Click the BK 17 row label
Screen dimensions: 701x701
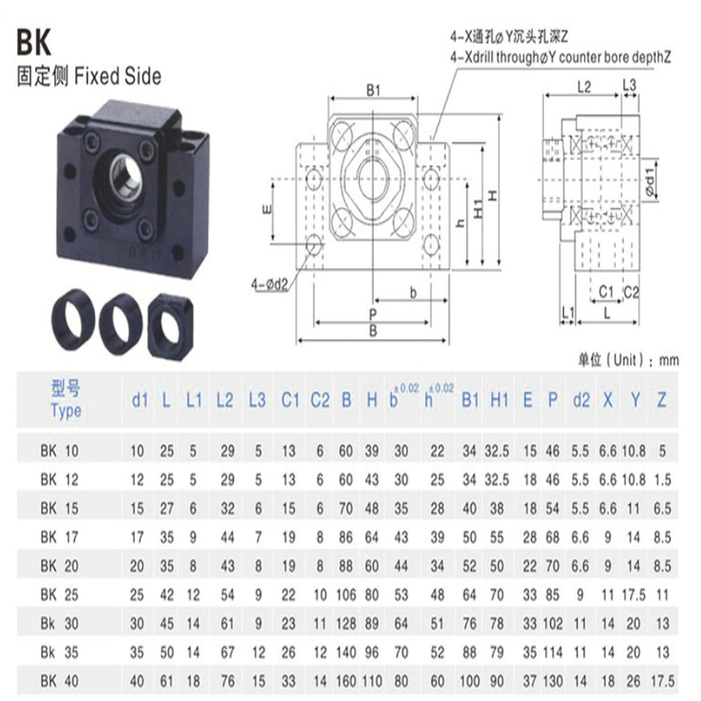(59, 537)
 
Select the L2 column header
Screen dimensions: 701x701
(225, 400)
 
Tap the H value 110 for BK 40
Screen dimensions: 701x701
(372, 681)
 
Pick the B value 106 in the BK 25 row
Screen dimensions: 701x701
(346, 595)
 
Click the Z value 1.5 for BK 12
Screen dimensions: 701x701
(662, 480)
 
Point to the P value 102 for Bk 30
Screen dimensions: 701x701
(552, 623)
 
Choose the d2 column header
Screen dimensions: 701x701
(581, 400)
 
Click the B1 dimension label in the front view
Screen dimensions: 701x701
(373, 90)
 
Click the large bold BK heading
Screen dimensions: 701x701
(34, 43)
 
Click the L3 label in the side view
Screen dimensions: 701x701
(629, 85)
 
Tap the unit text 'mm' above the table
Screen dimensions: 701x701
(668, 360)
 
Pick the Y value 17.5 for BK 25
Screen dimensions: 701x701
(633, 595)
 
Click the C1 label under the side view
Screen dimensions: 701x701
(606, 292)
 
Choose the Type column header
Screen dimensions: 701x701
(66, 400)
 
